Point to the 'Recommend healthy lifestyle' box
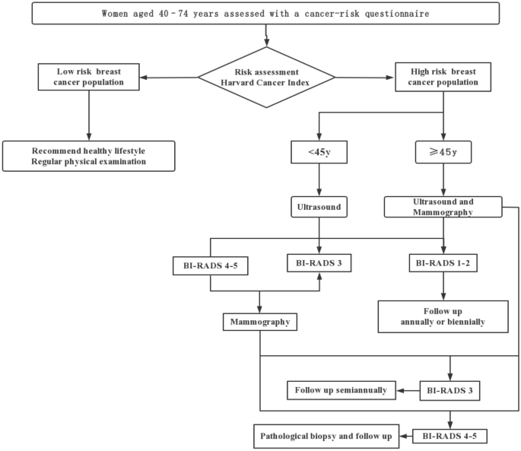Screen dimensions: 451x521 (90, 155)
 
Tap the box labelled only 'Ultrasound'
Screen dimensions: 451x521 (317, 206)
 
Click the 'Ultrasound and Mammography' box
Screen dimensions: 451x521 (443, 207)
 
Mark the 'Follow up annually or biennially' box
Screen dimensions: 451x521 (443, 316)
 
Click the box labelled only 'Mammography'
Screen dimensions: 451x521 (260, 322)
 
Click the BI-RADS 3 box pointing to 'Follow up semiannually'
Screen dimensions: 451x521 (450, 390)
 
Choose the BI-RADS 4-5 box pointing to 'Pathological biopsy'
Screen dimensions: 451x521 (450, 436)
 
